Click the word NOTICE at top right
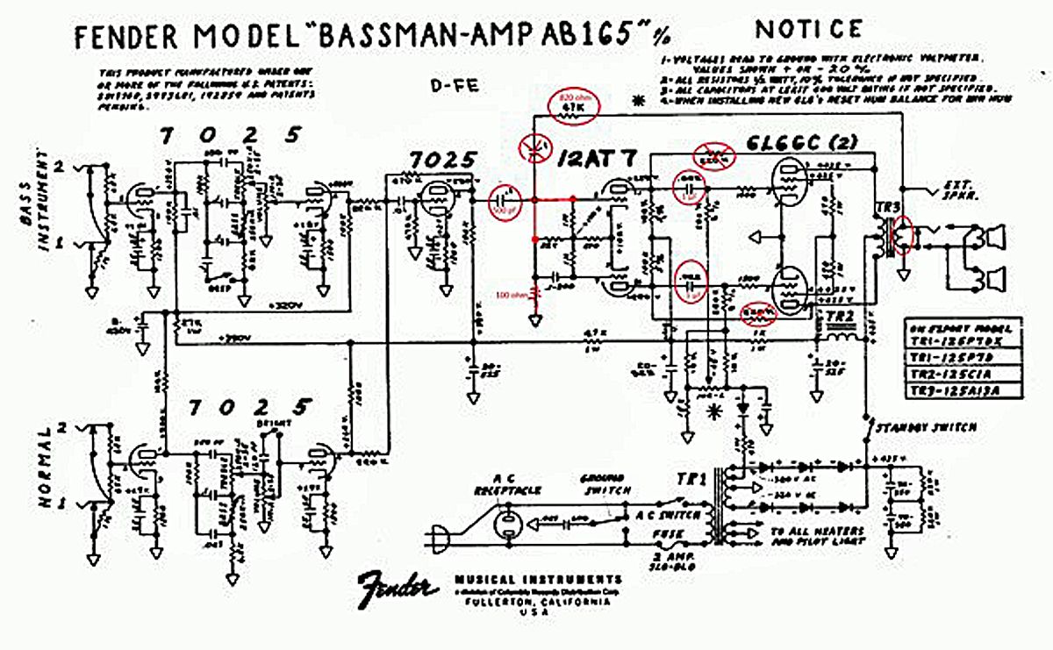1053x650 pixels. (x=808, y=29)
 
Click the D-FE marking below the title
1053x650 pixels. (x=448, y=84)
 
